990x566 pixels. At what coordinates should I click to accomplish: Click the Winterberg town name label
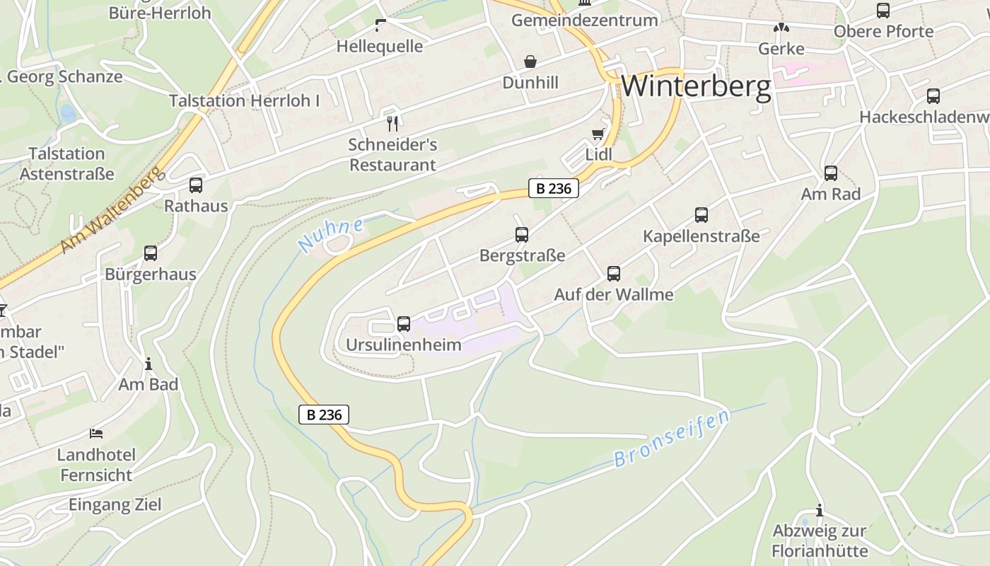tap(696, 86)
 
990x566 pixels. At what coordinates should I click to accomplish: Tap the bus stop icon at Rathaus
tap(196, 185)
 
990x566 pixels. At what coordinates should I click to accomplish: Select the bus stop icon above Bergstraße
tap(522, 235)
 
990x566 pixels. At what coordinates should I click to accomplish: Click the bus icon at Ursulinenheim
tap(404, 324)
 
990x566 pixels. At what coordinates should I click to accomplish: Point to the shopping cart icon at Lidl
tap(598, 134)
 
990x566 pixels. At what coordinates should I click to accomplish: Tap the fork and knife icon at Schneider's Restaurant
tap(393, 124)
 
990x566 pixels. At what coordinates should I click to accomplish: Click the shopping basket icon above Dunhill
tap(530, 62)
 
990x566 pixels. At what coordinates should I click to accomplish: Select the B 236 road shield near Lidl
tap(554, 189)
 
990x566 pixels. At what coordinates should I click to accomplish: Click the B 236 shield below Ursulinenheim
tap(325, 415)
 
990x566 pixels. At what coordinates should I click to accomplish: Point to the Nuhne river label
tap(331, 236)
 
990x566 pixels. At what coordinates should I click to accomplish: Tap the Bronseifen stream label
tap(671, 439)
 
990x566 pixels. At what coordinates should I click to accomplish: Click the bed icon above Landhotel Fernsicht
tap(96, 433)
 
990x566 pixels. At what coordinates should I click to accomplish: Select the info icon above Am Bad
tap(148, 364)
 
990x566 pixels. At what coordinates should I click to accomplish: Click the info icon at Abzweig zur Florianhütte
tap(820, 510)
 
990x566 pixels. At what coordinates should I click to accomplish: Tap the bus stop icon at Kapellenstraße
tap(701, 215)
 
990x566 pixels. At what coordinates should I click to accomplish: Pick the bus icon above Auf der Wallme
tap(614, 274)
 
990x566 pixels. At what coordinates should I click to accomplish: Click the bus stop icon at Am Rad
tap(831, 173)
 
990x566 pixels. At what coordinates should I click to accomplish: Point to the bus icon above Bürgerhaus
tap(151, 253)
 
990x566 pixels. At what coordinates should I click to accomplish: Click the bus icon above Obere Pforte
tap(883, 11)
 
